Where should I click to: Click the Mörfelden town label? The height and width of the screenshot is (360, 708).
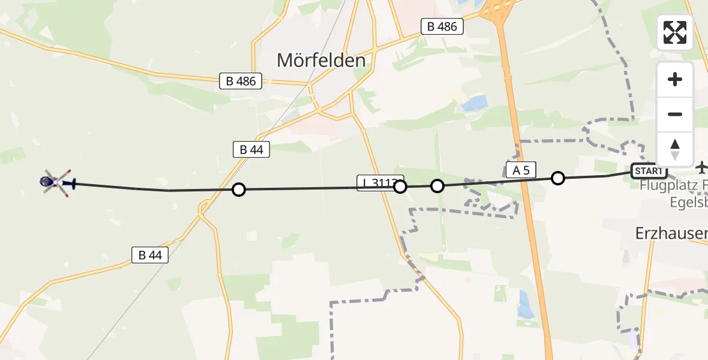pyautogui.click(x=321, y=60)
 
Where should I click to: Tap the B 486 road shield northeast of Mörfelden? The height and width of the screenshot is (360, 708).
pyautogui.click(x=442, y=26)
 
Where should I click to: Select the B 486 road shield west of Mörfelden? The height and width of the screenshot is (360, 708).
pyautogui.click(x=241, y=81)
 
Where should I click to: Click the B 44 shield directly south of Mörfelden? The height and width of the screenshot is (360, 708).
pyautogui.click(x=251, y=149)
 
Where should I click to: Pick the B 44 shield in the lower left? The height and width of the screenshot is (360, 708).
pyautogui.click(x=150, y=255)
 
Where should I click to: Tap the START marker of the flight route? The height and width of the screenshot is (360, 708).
pyautogui.click(x=649, y=171)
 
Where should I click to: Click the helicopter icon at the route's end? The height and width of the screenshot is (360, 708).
pyautogui.click(x=57, y=182)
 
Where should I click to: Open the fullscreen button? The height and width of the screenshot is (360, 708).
pyautogui.click(x=675, y=32)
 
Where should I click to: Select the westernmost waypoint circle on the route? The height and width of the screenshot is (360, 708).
pyautogui.click(x=239, y=190)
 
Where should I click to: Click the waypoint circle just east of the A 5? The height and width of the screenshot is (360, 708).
pyautogui.click(x=558, y=178)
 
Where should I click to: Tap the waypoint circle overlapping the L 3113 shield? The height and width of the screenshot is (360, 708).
pyautogui.click(x=400, y=187)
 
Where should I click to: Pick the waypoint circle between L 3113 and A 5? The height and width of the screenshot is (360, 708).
pyautogui.click(x=437, y=186)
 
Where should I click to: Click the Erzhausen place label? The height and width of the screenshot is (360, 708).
pyautogui.click(x=671, y=234)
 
